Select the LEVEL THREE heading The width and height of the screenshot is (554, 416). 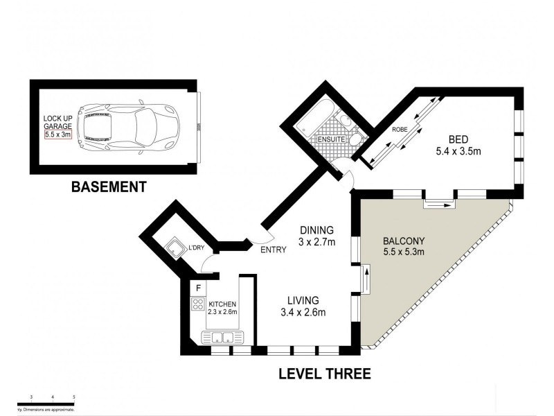pyautogui.click(x=325, y=374)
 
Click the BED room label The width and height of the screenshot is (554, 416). pyautogui.click(x=458, y=138)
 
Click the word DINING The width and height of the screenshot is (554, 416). pyautogui.click(x=316, y=230)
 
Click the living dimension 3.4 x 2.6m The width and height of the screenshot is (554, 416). pyautogui.click(x=303, y=312)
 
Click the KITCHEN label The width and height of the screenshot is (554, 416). pyautogui.click(x=222, y=304)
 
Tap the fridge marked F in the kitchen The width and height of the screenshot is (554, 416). pyautogui.click(x=198, y=287)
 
